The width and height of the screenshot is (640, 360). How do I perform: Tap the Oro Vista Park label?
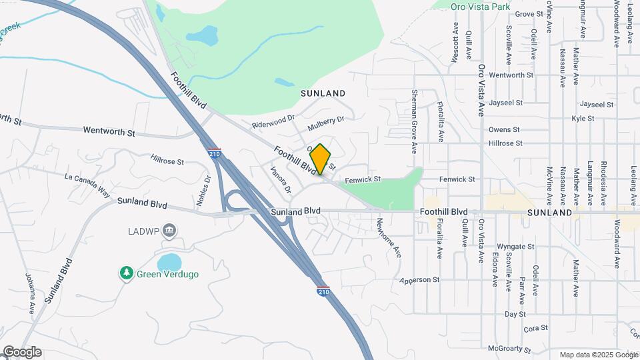pos(479,6)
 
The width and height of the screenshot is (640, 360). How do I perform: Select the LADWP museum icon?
pos(169,231)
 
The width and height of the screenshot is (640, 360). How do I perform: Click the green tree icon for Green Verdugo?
pos(126,273)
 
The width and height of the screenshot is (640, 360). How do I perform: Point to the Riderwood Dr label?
pos(273,121)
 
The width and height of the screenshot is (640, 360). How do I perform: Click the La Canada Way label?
pos(87,183)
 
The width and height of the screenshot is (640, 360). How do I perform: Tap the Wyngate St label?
pos(517,247)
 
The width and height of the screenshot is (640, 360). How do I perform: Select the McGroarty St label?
pos(509,349)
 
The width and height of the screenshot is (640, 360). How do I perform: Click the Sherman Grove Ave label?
pos(414,119)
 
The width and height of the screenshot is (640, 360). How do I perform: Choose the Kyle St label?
pos(583,118)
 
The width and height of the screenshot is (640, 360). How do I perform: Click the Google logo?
pos(22,352)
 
